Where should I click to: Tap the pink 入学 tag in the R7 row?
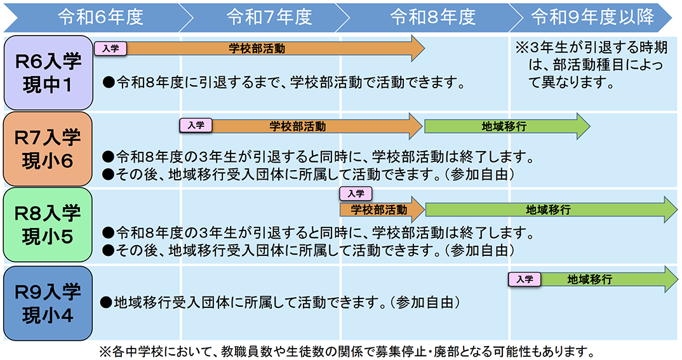point(196,126)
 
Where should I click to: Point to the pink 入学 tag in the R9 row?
point(525,279)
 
